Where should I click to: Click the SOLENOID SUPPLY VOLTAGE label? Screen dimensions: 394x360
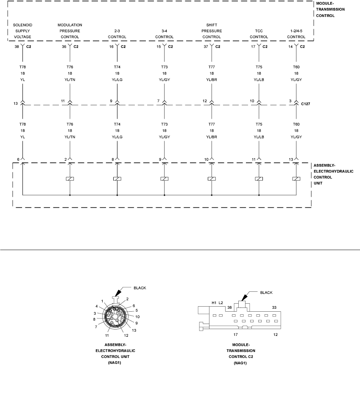[x=23, y=31]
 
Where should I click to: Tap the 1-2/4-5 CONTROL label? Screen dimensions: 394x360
[x=296, y=34]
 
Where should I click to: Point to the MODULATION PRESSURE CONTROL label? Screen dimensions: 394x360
[x=70, y=31]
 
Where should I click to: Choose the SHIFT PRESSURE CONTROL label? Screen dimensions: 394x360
[x=212, y=31]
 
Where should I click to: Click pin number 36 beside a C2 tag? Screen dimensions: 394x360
[x=64, y=47]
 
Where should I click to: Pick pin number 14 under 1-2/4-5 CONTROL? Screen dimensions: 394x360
[x=290, y=47]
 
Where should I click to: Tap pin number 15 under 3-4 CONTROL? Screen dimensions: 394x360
[x=159, y=47]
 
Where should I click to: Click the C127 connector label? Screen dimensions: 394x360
[x=306, y=103]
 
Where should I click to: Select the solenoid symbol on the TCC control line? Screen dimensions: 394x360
[x=259, y=179]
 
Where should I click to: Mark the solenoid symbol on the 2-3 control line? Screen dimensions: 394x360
[x=117, y=179]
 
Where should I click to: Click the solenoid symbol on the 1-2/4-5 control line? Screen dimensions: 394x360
[x=296, y=179]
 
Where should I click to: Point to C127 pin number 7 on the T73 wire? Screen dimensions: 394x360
[x=159, y=101]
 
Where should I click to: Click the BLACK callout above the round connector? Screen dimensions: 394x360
[x=140, y=288]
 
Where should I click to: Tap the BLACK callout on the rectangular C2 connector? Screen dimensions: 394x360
[x=266, y=292]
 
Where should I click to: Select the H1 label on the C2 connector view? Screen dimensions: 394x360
[x=214, y=302]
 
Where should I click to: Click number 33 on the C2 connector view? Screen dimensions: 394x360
[x=274, y=307]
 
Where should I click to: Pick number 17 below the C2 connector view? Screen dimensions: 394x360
[x=236, y=334]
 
